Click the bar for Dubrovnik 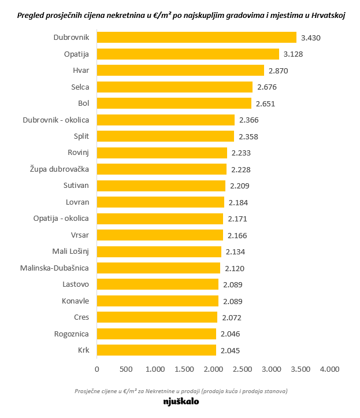(196, 38)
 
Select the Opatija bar (188, 54)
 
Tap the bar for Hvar (180, 71)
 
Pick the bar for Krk (156, 350)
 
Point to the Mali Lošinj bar (159, 251)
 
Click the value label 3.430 (311, 38)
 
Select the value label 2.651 (266, 103)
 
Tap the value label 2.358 (248, 136)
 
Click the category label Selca (80, 87)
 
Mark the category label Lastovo (76, 284)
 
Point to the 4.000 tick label (329, 369)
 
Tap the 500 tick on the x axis (125, 369)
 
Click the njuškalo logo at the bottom (181, 401)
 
